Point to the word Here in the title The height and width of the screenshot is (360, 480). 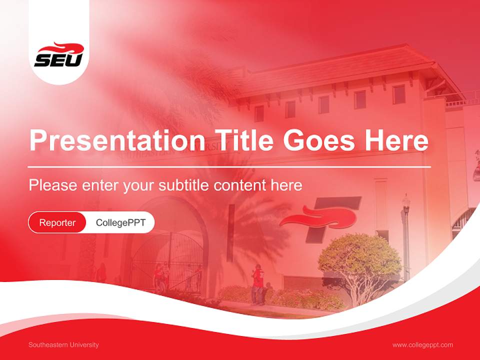click(396, 140)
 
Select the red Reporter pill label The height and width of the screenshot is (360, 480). click(57, 222)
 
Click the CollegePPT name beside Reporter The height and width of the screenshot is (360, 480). click(120, 222)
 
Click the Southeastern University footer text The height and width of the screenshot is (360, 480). click(63, 345)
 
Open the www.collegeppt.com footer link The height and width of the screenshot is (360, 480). click(422, 345)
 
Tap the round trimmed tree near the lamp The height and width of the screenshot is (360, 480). click(359, 260)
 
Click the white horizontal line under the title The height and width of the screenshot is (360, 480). click(229, 166)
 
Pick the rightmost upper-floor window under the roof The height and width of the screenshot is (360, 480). click(398, 94)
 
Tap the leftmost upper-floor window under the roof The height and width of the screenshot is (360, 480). click(259, 113)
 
